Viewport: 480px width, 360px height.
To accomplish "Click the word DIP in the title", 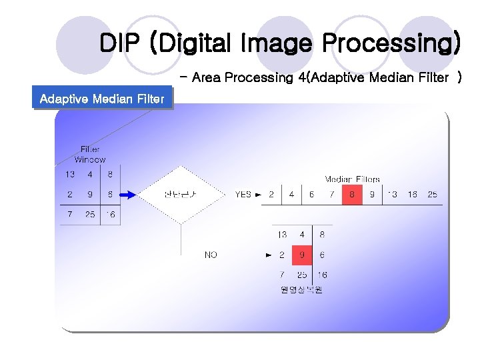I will coord(121,43).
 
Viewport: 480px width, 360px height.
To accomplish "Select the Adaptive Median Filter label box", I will coord(102,99).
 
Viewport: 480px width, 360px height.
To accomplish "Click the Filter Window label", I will coord(90,155).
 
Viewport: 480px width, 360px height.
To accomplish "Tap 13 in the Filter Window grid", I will coord(69,175).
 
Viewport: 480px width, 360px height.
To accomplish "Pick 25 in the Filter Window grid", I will coord(89,215).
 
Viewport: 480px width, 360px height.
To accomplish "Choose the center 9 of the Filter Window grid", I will coord(89,195).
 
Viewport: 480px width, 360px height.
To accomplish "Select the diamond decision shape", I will coord(181,195).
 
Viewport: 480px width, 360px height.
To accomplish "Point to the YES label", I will coord(243,195).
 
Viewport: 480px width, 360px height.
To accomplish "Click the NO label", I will coord(211,255).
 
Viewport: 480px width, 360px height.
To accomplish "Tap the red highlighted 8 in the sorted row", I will coord(351,195).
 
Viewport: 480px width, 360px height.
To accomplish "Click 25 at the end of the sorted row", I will coord(433,195).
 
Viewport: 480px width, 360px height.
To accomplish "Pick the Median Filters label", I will coord(352,179).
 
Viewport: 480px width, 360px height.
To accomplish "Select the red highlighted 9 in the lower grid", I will coord(302,255).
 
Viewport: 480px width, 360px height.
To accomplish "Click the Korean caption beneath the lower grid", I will coord(301,290).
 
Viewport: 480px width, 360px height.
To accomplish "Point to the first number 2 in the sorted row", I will coord(271,195).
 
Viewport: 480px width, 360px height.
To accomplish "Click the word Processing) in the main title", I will coord(391,43).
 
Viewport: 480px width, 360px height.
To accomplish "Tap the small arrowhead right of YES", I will coord(258,195).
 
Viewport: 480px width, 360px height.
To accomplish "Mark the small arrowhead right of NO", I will coord(268,255).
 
